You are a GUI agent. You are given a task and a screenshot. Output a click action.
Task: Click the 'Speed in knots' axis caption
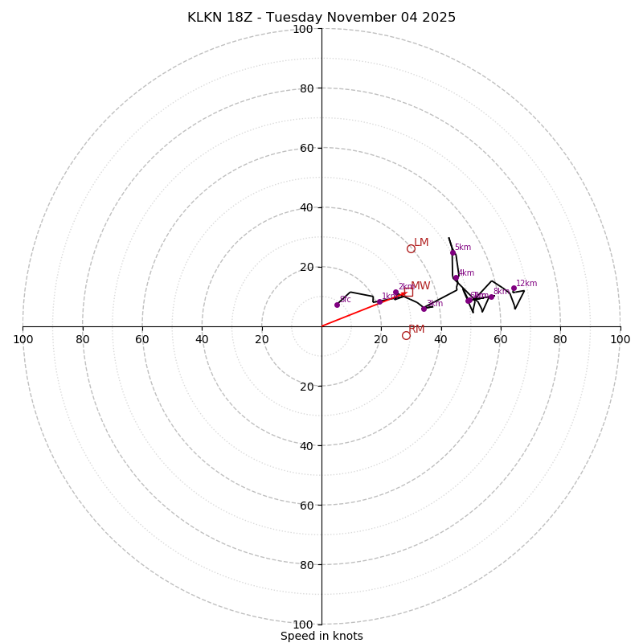point(321,636)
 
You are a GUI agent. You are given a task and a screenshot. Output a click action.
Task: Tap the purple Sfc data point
point(337,305)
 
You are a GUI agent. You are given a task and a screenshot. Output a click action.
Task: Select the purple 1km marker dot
point(379,301)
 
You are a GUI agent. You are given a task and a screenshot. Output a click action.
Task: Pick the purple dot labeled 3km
point(424,309)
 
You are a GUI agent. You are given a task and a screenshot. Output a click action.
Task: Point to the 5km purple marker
point(453,252)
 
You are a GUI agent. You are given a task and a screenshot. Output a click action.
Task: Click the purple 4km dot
point(456,278)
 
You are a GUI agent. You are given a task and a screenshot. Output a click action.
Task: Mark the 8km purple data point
point(491,297)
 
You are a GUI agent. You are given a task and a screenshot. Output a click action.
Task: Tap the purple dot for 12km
point(514,288)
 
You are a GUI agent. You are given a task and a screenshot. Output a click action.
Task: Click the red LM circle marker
point(411,249)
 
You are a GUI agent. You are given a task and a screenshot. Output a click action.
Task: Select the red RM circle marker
point(406,335)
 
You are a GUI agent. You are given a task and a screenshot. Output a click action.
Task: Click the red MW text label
point(420,286)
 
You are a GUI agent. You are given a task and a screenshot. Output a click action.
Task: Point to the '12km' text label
point(526,284)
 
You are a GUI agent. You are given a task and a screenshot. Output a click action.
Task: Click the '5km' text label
point(463,248)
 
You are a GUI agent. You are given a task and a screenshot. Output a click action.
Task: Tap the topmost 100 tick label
point(303,29)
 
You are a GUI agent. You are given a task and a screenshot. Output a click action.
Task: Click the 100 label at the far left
point(23,339)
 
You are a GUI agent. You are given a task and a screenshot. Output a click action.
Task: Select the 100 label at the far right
point(620,339)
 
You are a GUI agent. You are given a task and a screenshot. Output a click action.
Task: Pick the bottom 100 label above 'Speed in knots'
point(303,625)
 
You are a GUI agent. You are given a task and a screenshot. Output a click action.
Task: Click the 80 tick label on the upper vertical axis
point(306,88)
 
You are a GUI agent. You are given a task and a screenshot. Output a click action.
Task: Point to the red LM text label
point(421,243)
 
